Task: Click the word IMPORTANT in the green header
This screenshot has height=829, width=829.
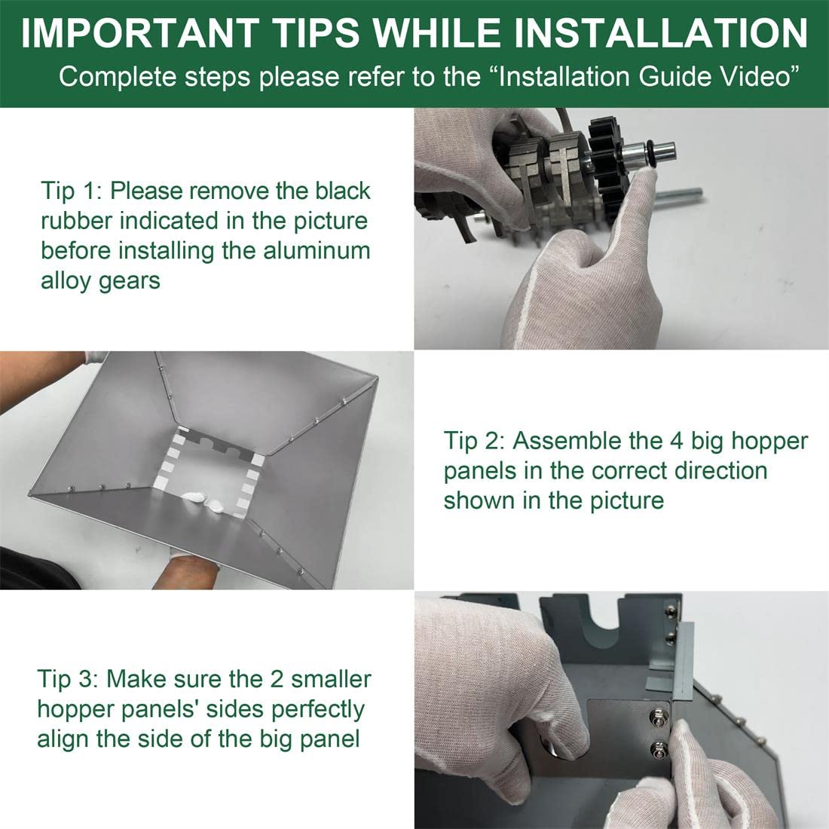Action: click(x=139, y=32)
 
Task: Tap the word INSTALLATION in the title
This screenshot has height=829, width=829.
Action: click(x=661, y=32)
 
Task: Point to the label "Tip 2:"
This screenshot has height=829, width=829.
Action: click(x=474, y=442)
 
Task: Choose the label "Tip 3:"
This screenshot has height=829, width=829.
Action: click(x=68, y=679)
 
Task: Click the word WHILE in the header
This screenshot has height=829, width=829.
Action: click(x=437, y=32)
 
